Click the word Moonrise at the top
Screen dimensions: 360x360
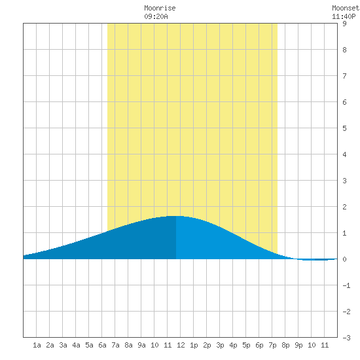(x=160, y=8)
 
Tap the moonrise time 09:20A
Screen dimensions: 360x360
(x=156, y=16)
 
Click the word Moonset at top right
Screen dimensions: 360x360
(x=346, y=8)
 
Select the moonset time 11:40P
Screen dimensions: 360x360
(x=344, y=16)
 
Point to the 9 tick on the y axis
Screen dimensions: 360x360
(x=344, y=24)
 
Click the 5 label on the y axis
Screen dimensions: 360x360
(x=344, y=128)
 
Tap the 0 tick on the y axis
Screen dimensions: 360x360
(x=344, y=259)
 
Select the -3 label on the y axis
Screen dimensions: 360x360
(x=346, y=338)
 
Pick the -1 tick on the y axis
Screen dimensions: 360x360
(x=346, y=285)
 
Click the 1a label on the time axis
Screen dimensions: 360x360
(x=37, y=345)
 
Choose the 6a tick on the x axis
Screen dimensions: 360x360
(x=102, y=345)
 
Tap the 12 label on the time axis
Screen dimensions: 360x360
(x=181, y=345)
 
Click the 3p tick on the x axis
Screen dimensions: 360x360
(x=220, y=345)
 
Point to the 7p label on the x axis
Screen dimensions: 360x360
(x=272, y=345)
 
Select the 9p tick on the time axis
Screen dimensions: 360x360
(x=298, y=345)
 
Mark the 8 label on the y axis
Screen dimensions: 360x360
(x=344, y=50)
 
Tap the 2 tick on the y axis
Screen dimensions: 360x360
(x=344, y=207)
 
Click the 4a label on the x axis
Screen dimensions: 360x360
(x=76, y=345)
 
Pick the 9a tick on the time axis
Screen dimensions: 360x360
(x=141, y=345)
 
